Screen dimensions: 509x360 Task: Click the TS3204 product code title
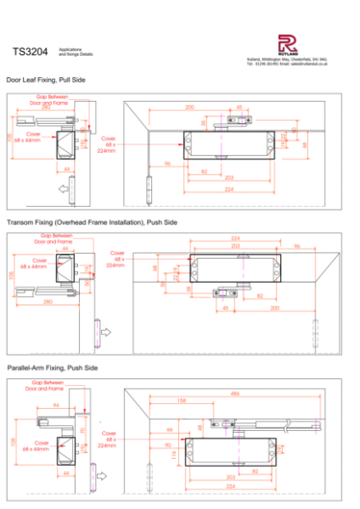(31, 52)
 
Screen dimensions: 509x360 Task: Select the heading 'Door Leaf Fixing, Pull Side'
(46, 79)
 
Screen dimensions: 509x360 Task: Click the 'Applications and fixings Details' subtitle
(74, 52)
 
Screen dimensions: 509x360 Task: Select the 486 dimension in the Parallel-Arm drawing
(233, 393)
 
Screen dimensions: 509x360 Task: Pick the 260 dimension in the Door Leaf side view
(46, 108)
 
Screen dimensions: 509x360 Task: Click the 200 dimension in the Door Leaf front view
(189, 108)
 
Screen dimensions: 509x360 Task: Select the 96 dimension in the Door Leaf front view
(167, 163)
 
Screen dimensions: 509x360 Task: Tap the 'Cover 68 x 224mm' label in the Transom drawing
(115, 258)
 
